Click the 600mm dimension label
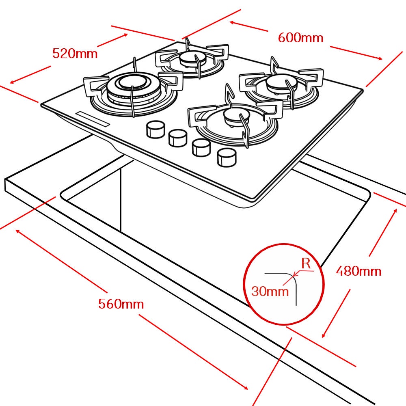pyautogui.click(x=300, y=38)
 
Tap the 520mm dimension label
pyautogui.click(x=75, y=53)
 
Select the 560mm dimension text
pyautogui.click(x=121, y=304)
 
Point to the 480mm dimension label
pyautogui.click(x=358, y=271)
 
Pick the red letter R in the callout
pyautogui.click(x=306, y=263)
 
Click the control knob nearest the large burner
pyautogui.click(x=155, y=130)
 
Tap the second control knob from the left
pyautogui.click(x=177, y=138)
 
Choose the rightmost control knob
pyautogui.click(x=226, y=157)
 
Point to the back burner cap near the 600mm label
pyautogui.click(x=189, y=58)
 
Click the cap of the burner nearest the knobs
pyautogui.click(x=233, y=117)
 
